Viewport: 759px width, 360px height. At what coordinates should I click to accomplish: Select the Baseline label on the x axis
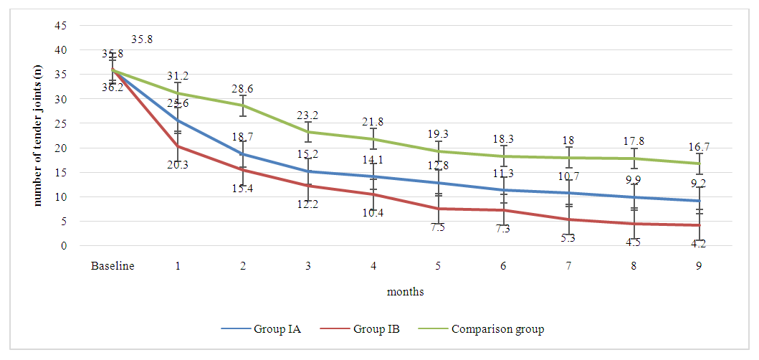click(x=113, y=266)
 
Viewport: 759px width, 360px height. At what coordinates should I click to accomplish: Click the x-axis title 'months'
click(x=405, y=292)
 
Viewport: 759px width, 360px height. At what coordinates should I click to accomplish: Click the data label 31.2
click(x=178, y=76)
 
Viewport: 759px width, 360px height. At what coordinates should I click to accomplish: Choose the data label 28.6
click(x=242, y=89)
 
